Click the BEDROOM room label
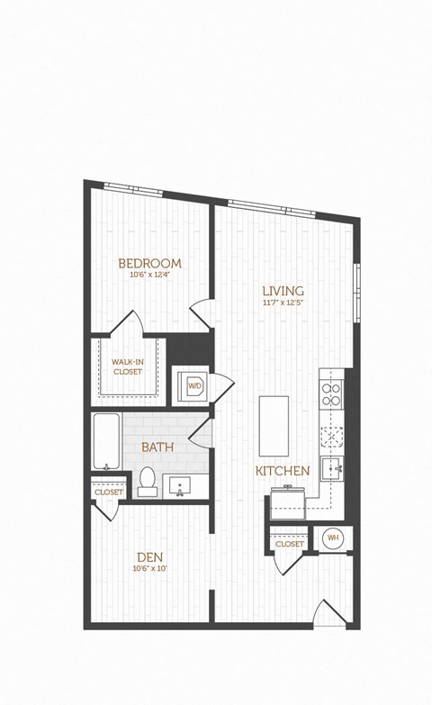coord(149,263)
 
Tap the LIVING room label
coord(283,291)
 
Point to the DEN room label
coord(150,556)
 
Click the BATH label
coord(157,446)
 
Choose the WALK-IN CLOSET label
coord(126,366)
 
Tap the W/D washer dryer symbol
coord(194,386)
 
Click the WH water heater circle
coord(333,538)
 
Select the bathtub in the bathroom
coord(106,441)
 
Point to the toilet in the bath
coord(148,484)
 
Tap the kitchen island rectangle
coord(274,426)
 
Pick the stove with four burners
coord(330,395)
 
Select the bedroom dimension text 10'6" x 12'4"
coord(149,275)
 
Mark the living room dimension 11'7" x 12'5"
coord(283,303)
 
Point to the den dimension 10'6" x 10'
coord(150,568)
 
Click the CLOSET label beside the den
coord(108,493)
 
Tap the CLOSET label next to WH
coord(289,544)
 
